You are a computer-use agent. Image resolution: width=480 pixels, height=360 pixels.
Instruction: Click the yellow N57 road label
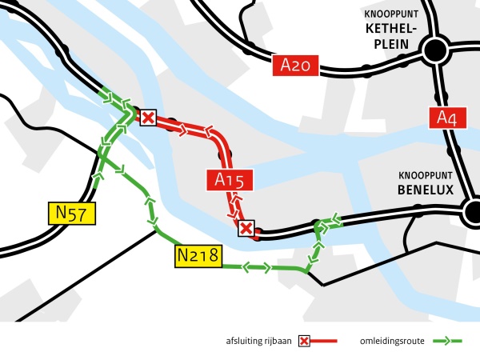pyautogui.click(x=71, y=214)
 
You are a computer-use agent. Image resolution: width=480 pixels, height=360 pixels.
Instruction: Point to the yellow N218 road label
pyautogui.click(x=197, y=257)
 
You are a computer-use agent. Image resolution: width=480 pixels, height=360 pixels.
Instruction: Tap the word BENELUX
pyautogui.click(x=425, y=190)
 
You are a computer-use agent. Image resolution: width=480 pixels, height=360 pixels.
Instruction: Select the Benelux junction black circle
pyautogui.click(x=471, y=213)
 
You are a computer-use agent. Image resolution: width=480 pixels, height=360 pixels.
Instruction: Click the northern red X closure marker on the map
pyautogui.click(x=149, y=118)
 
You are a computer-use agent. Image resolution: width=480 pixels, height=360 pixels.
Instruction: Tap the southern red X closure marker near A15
pyautogui.click(x=247, y=230)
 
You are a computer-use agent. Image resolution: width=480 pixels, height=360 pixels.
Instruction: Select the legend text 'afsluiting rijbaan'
pyautogui.click(x=259, y=342)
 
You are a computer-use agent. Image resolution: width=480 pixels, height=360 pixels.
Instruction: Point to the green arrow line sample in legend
pyautogui.click(x=448, y=342)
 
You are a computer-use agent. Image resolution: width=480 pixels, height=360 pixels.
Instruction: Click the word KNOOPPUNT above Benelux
pyautogui.click(x=425, y=175)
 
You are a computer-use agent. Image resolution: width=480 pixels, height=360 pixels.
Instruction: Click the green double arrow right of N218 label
pyautogui.click(x=256, y=268)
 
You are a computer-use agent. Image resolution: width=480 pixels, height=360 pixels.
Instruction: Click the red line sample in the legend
pyautogui.click(x=324, y=342)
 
